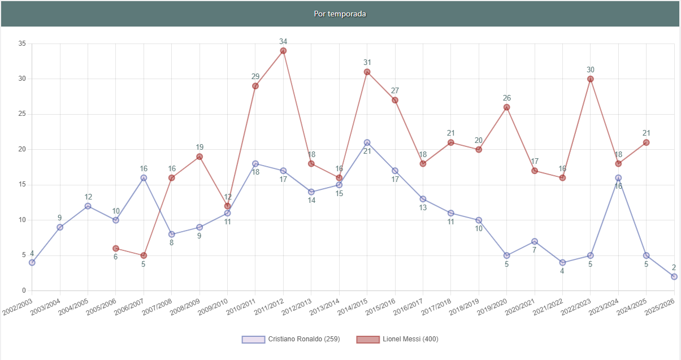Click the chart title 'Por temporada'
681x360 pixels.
point(340,14)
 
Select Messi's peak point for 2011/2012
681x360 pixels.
point(283,51)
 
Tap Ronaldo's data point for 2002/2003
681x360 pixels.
point(32,262)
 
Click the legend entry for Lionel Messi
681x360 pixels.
point(397,339)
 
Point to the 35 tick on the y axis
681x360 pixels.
point(22,44)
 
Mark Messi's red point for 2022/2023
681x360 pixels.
point(591,79)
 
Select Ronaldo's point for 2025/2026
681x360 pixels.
point(674,276)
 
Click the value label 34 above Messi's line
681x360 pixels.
point(283,41)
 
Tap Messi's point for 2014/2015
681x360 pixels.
point(367,72)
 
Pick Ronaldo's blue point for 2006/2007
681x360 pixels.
point(144,177)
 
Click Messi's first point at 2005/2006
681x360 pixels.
point(116,248)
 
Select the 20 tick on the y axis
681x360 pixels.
point(22,149)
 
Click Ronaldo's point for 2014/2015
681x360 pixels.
point(367,142)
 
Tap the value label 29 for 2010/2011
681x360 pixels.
point(255,76)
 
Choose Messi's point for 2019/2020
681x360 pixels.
point(507,107)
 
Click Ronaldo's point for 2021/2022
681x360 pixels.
point(562,262)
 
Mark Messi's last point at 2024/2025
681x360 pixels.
point(646,142)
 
